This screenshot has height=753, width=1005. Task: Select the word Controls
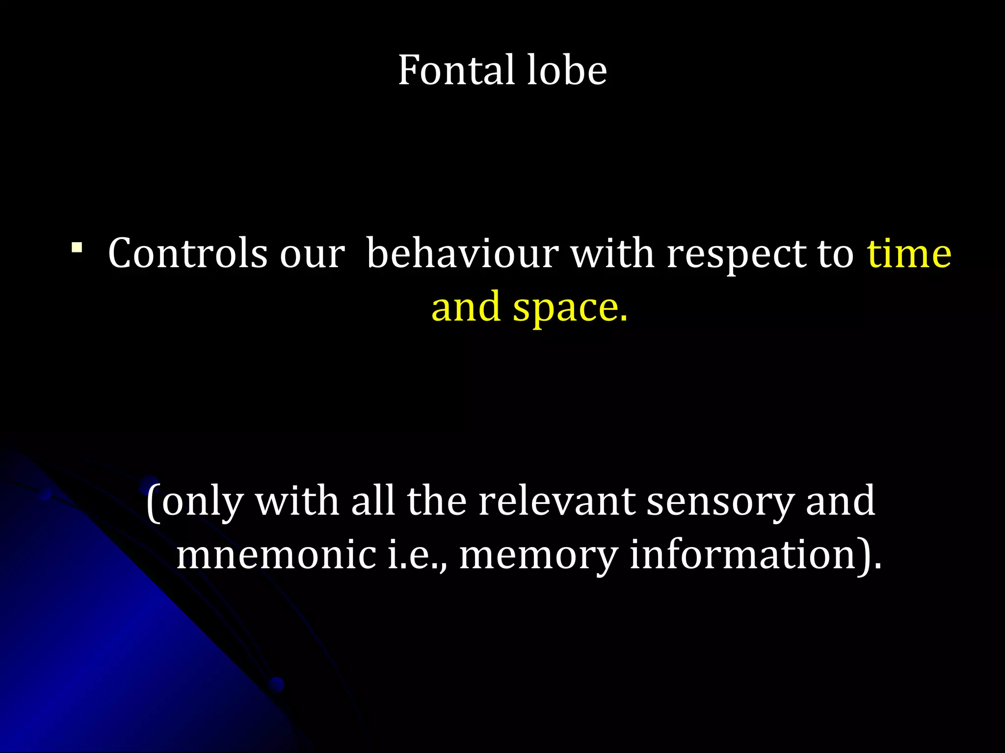point(187,253)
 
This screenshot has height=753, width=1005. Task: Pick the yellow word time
point(909,253)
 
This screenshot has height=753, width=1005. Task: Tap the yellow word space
point(569,308)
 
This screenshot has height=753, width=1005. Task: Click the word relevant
point(556,501)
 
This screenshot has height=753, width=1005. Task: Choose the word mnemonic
point(276,555)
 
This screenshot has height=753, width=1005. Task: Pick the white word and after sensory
point(840,501)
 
